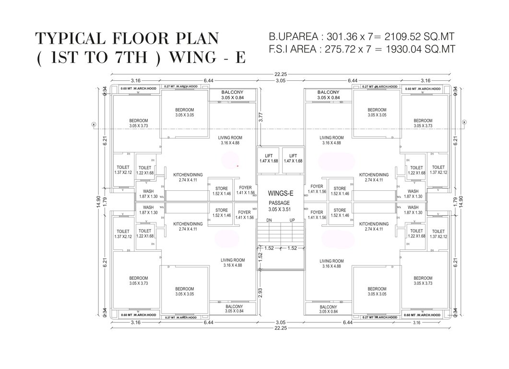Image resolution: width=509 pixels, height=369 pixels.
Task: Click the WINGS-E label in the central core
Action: point(281,194)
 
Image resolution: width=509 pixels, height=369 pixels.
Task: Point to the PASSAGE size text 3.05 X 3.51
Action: point(281,209)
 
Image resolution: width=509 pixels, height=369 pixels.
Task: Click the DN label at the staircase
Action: point(270,220)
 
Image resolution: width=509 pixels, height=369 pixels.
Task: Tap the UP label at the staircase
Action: point(292,220)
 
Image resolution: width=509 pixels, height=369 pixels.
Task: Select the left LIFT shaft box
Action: point(269,158)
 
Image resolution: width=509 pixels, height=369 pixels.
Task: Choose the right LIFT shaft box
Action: point(293,158)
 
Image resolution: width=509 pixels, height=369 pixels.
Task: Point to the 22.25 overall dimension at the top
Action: point(281,74)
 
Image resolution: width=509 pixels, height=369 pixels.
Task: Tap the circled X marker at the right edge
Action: point(464,123)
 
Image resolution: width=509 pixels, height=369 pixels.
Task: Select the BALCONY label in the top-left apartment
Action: point(232,92)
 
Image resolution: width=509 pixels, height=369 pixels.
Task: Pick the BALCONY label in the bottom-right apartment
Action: point(328,307)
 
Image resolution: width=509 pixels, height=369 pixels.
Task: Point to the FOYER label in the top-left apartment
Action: point(245,187)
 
